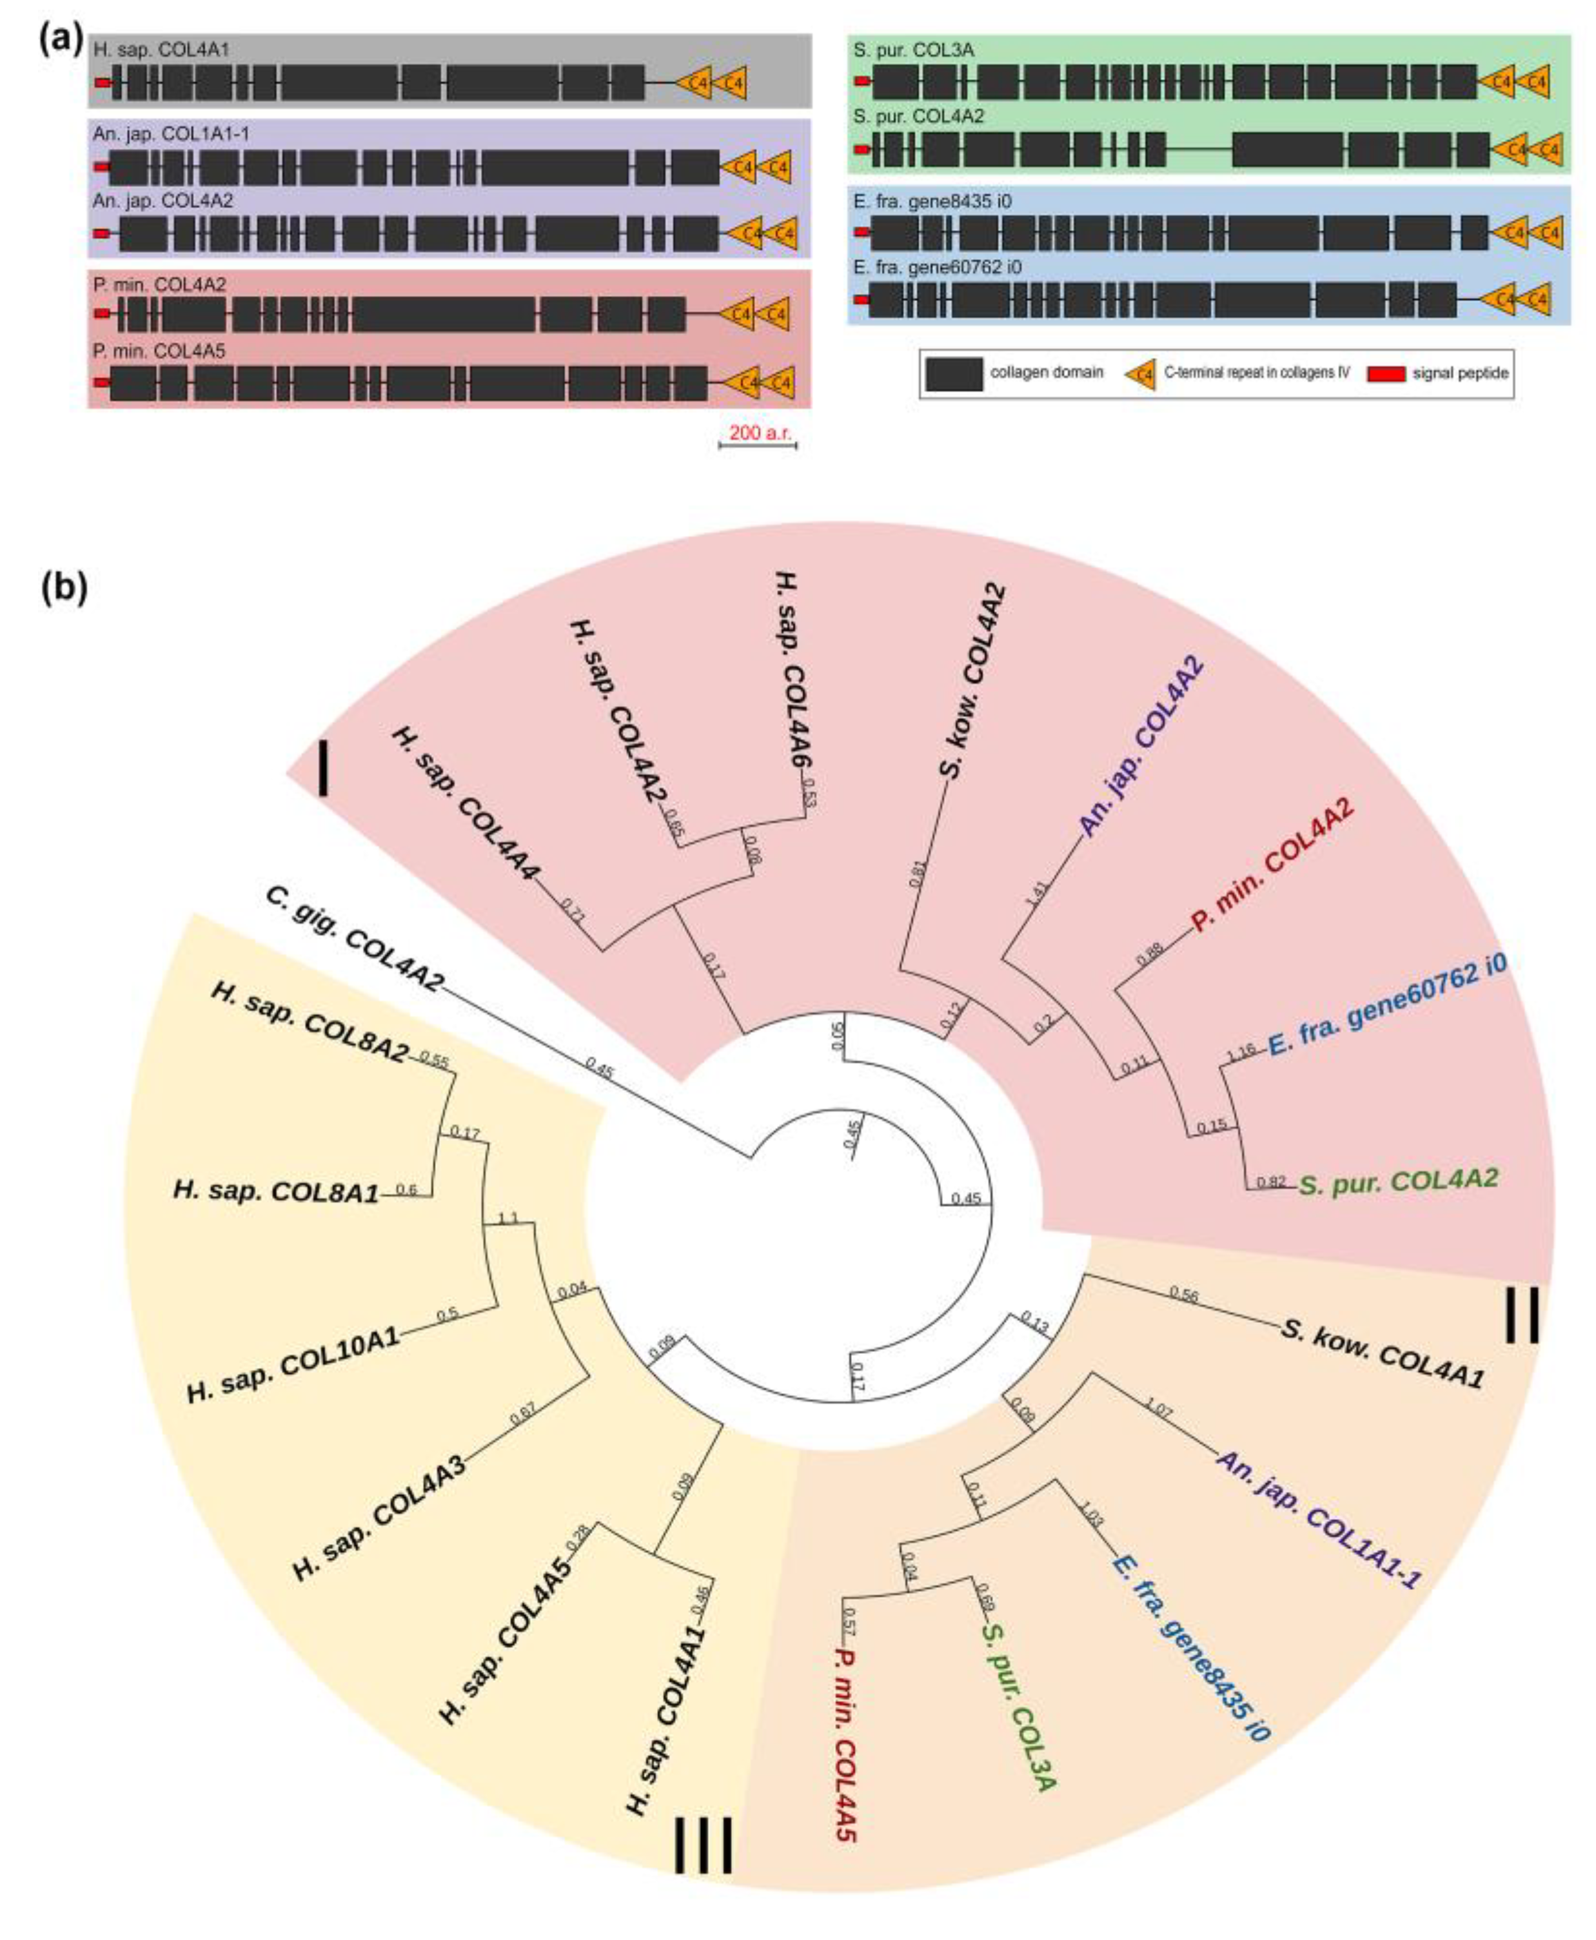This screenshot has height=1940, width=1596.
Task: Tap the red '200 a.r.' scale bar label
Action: tap(760, 431)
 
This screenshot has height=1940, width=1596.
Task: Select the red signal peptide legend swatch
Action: tap(1386, 374)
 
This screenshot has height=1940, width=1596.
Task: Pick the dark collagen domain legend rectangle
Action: tap(954, 374)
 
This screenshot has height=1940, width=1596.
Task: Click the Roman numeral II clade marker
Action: tap(1522, 1314)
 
